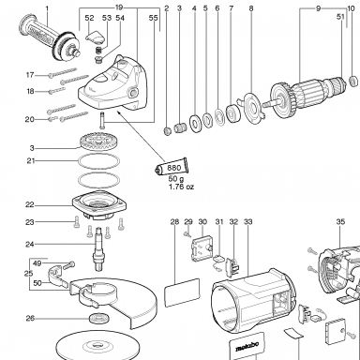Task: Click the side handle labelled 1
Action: click(x=49, y=38)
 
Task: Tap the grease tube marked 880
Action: click(x=172, y=167)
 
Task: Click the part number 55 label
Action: click(x=154, y=18)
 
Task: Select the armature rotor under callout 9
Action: click(x=307, y=93)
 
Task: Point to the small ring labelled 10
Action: click(x=353, y=81)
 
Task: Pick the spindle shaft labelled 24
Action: click(x=98, y=249)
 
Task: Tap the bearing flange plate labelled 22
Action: click(x=99, y=204)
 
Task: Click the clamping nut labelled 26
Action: click(x=99, y=318)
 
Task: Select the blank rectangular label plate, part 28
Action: click(x=182, y=292)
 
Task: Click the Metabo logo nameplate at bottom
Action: click(x=247, y=346)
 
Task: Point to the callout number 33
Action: click(x=247, y=222)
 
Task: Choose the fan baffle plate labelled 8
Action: click(x=252, y=109)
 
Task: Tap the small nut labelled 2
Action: click(x=168, y=130)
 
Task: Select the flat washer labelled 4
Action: click(x=195, y=123)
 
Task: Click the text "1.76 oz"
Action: click(x=181, y=187)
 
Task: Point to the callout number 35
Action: click(x=340, y=221)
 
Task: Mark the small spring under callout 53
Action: click(x=99, y=51)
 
